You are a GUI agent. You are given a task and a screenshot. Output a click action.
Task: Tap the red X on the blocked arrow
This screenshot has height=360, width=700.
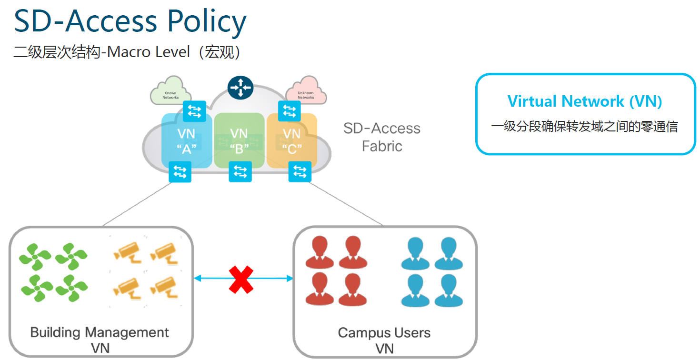(241, 280)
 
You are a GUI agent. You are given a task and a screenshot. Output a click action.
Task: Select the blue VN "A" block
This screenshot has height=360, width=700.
(186, 141)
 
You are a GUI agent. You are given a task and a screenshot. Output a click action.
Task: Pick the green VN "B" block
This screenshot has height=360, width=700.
(239, 141)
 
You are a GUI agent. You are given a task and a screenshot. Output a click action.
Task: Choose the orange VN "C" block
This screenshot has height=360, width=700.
(291, 141)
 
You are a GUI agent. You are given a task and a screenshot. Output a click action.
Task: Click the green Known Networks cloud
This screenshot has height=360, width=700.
(170, 91)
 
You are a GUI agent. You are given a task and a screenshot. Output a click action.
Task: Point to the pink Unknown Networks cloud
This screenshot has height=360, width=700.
(306, 91)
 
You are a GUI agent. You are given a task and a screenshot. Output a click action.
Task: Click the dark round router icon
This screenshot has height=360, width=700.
(240, 87)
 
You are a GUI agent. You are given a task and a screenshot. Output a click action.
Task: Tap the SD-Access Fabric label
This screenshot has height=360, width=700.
(382, 137)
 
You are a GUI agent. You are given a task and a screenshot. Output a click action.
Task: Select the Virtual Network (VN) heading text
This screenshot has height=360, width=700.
(585, 101)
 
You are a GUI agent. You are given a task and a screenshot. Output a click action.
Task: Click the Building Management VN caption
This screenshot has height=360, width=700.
(100, 340)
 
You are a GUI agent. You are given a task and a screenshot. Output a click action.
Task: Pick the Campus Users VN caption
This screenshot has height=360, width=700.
(384, 340)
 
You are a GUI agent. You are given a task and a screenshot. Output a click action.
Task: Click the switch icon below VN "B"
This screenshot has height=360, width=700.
(240, 171)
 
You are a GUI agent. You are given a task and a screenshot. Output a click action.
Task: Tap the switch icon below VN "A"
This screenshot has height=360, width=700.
(180, 172)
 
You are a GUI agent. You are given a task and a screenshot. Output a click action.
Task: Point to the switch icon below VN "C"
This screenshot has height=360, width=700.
(300, 171)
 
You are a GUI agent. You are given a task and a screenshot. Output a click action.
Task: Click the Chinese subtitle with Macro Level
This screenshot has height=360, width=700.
(128, 51)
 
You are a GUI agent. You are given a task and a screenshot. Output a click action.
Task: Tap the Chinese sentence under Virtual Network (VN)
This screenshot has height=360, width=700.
(585, 127)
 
